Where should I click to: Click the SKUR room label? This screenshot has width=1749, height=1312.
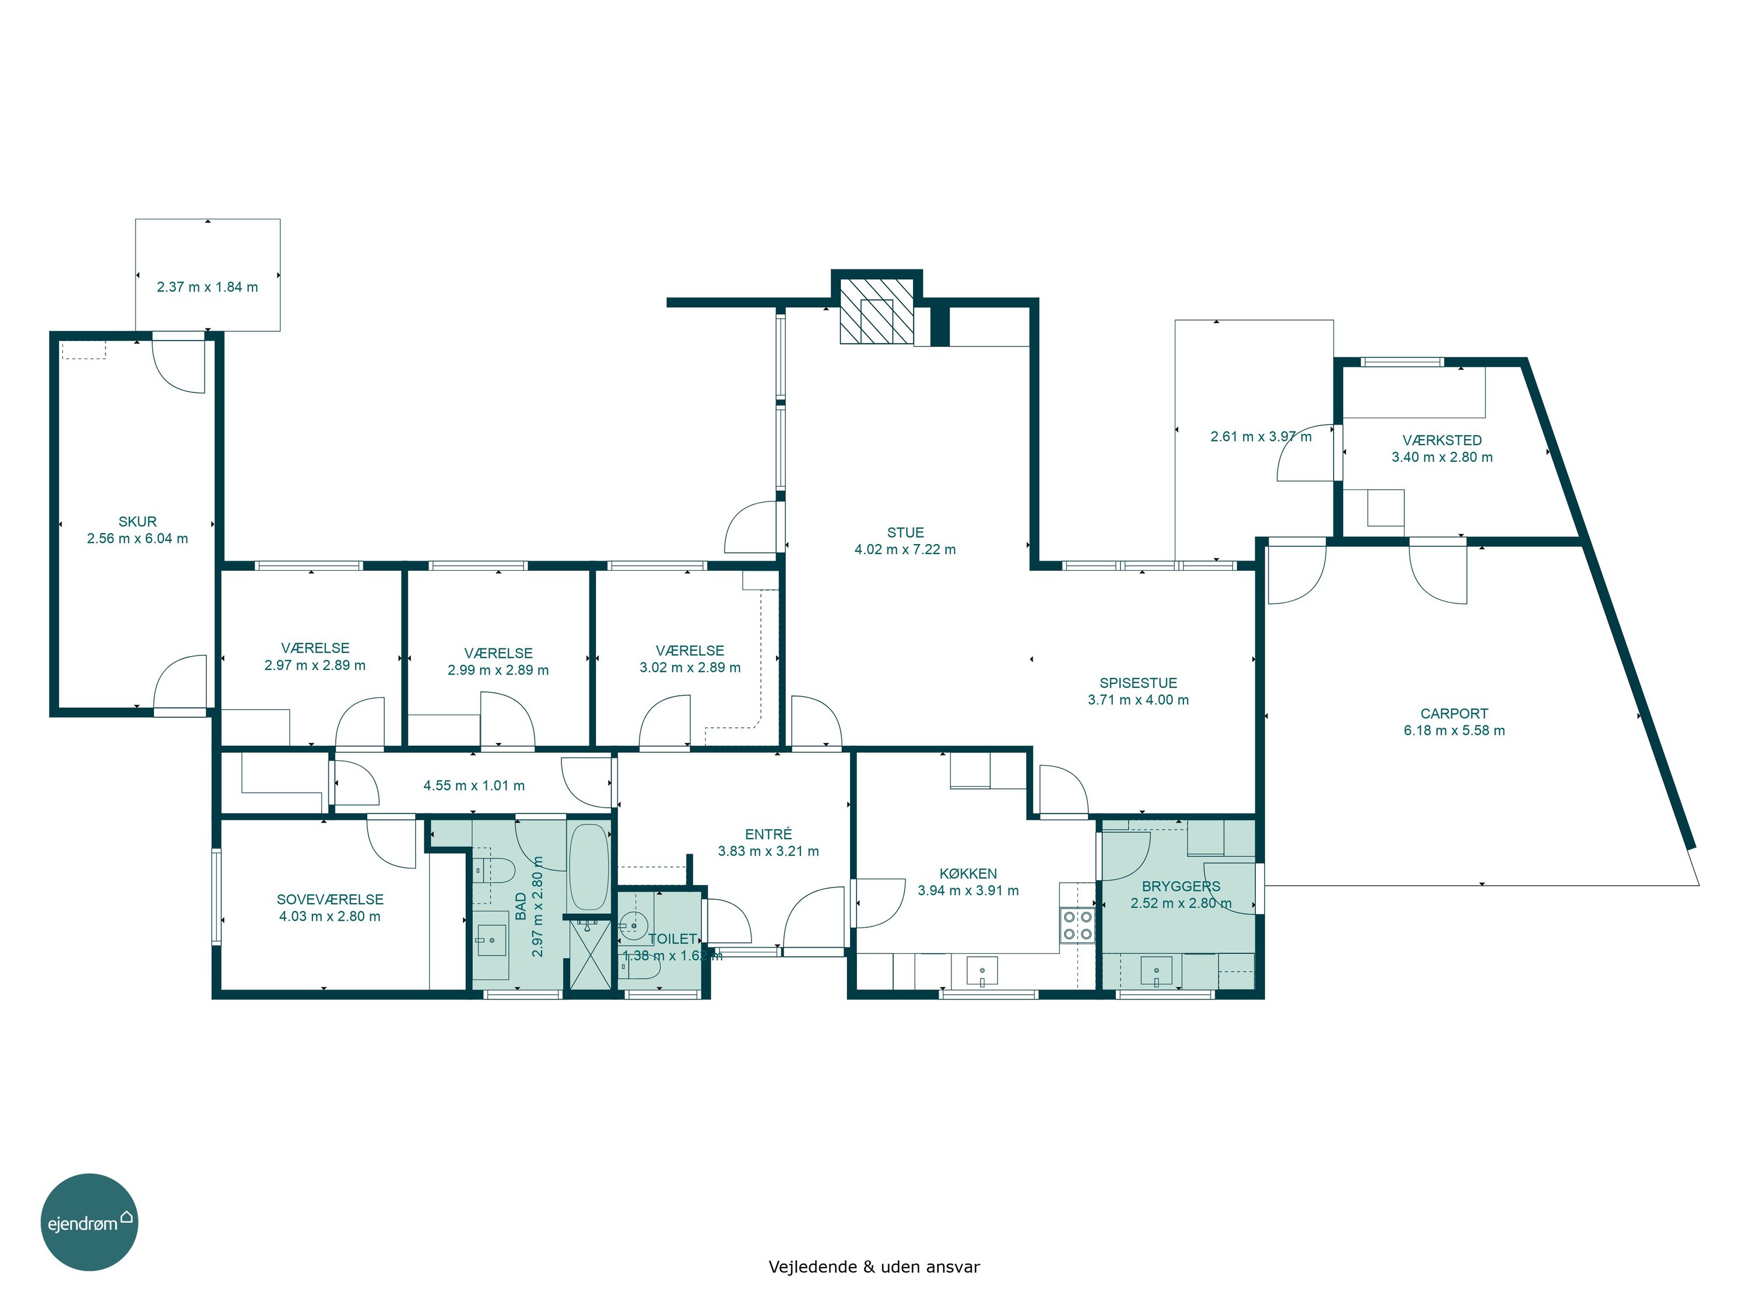click(138, 522)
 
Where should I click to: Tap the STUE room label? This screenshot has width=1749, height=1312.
click(905, 533)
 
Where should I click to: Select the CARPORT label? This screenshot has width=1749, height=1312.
click(1454, 713)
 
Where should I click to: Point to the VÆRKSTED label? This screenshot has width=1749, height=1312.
click(1442, 440)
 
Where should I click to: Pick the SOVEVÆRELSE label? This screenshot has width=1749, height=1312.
click(331, 900)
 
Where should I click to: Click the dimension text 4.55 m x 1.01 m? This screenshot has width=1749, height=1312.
click(475, 786)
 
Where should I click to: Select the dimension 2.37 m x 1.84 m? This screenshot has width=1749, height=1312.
click(207, 287)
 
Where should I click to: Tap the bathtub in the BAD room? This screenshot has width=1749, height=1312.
click(588, 868)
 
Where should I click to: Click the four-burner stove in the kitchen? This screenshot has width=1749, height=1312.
click(1078, 926)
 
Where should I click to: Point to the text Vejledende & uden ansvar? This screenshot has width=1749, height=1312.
click(874, 1268)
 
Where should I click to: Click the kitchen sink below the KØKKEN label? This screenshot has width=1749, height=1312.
click(982, 970)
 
